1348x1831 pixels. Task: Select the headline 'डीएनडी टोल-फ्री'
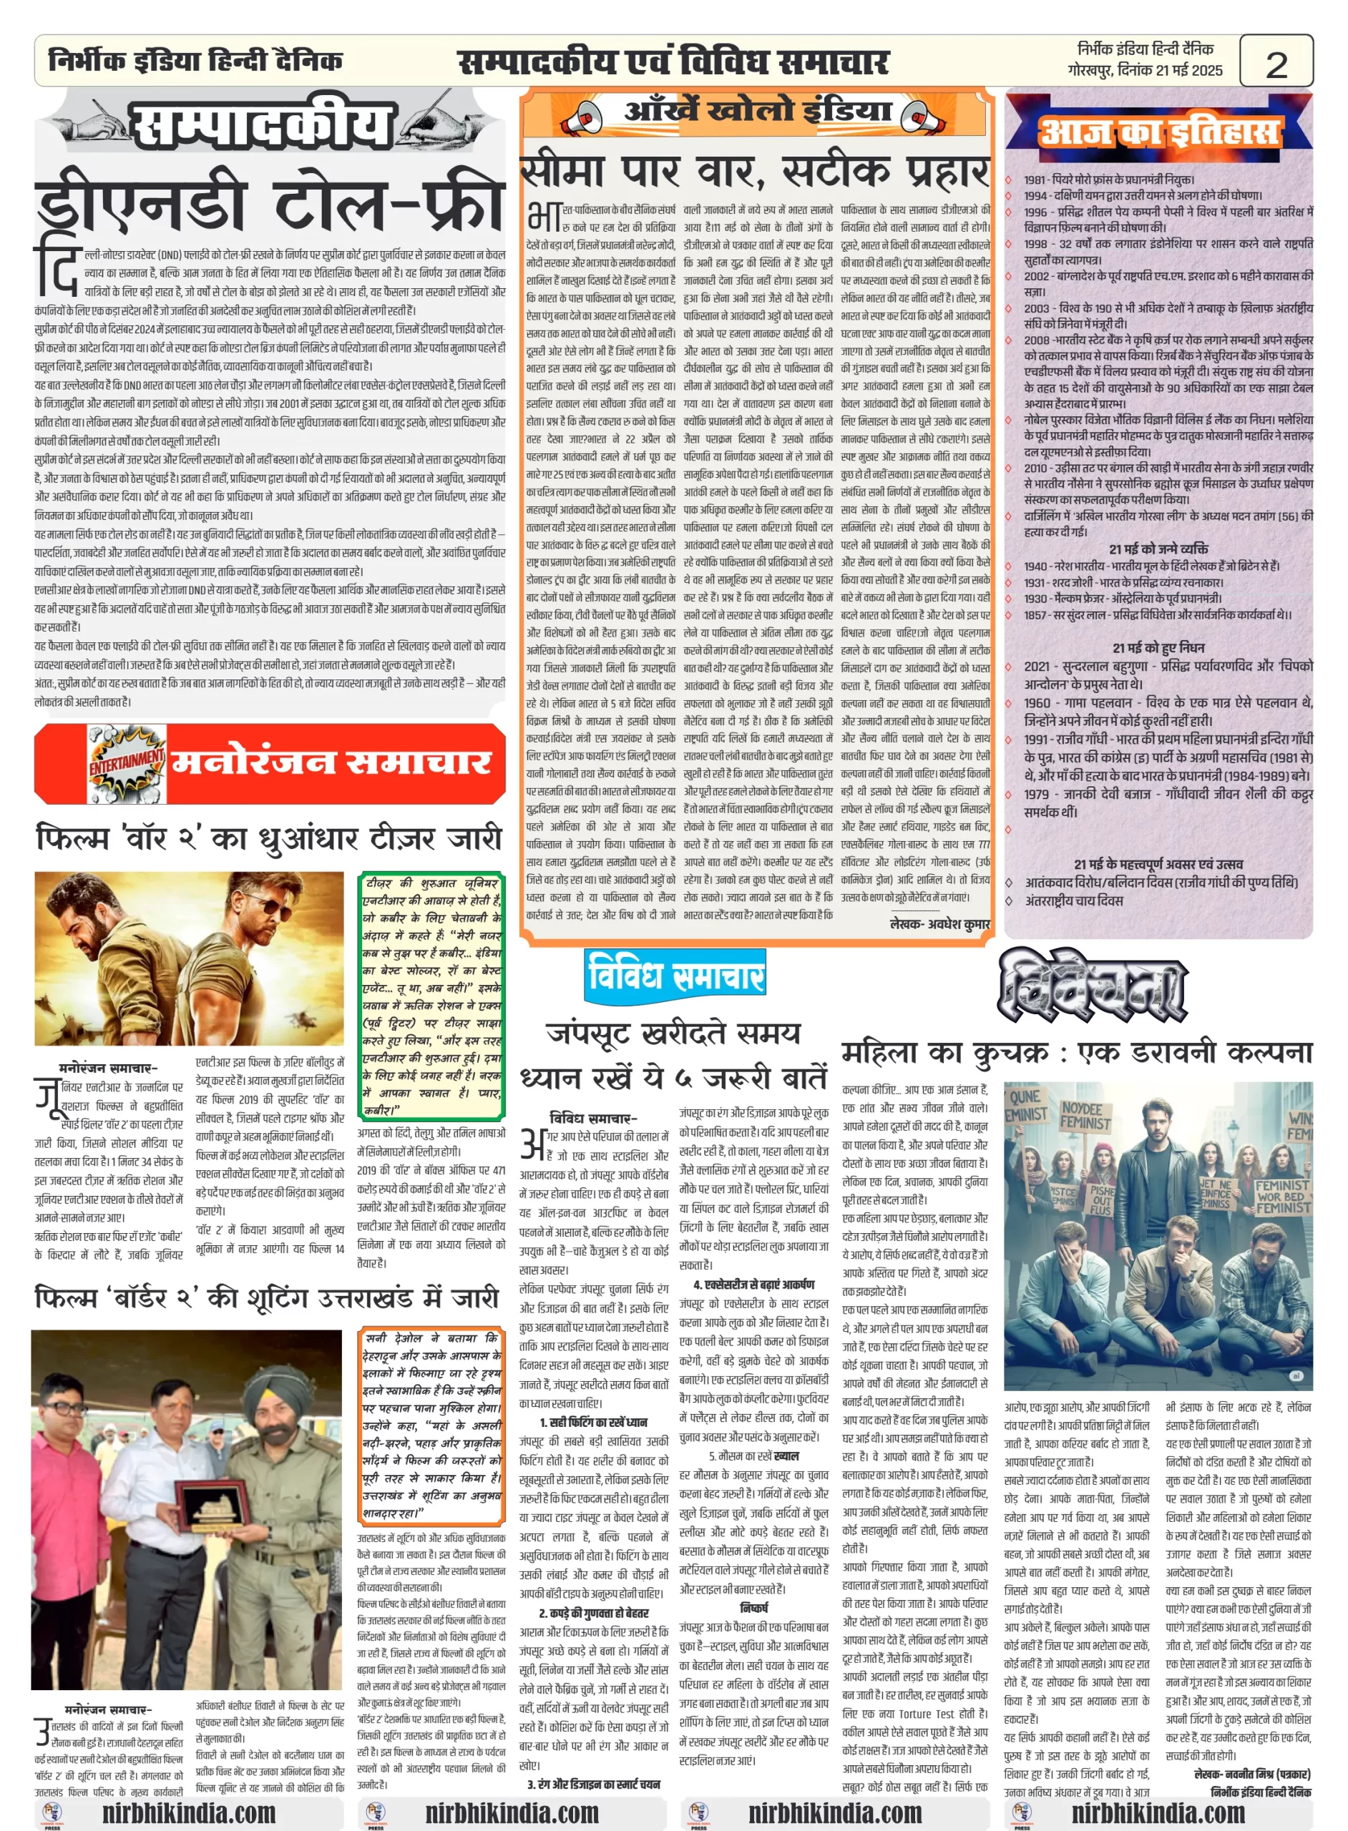click(x=269, y=204)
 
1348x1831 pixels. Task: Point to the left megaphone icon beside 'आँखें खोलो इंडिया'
click(x=585, y=117)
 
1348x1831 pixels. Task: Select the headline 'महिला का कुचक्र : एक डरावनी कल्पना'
click(x=1076, y=1052)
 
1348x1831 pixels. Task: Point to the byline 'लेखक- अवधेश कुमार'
click(x=939, y=923)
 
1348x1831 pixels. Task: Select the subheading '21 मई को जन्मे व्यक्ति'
click(x=1158, y=549)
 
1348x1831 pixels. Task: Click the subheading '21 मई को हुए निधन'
click(x=1158, y=647)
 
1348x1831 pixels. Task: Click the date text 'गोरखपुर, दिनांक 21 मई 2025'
click(x=1145, y=70)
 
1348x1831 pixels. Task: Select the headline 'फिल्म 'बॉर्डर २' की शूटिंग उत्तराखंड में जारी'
click(x=267, y=1297)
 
